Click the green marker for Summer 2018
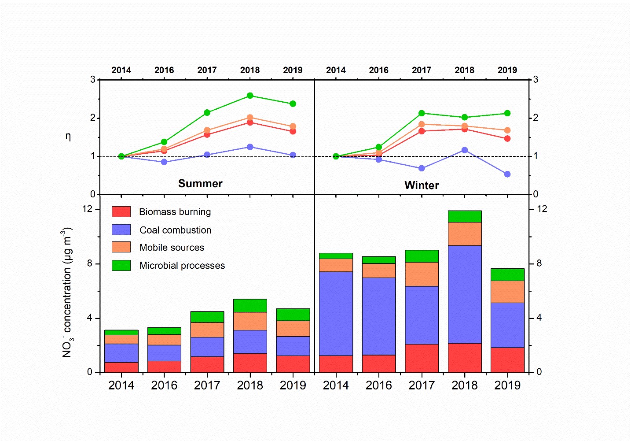(250, 96)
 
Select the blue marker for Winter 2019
(507, 174)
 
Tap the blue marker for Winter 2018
(465, 150)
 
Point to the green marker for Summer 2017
(207, 112)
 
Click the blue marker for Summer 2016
(164, 162)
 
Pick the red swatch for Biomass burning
(121, 212)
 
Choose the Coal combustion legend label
(175, 230)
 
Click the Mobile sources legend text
(172, 248)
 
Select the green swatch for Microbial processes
(121, 265)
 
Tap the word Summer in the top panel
(200, 184)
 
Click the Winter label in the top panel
(422, 185)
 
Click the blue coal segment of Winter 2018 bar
(465, 294)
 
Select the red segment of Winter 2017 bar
(422, 358)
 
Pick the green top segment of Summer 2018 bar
(250, 305)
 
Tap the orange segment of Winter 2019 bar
(507, 292)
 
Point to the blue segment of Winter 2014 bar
(336, 314)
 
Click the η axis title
(68, 137)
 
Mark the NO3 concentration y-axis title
(67, 293)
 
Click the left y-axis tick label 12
(88, 209)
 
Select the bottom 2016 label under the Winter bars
(378, 385)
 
